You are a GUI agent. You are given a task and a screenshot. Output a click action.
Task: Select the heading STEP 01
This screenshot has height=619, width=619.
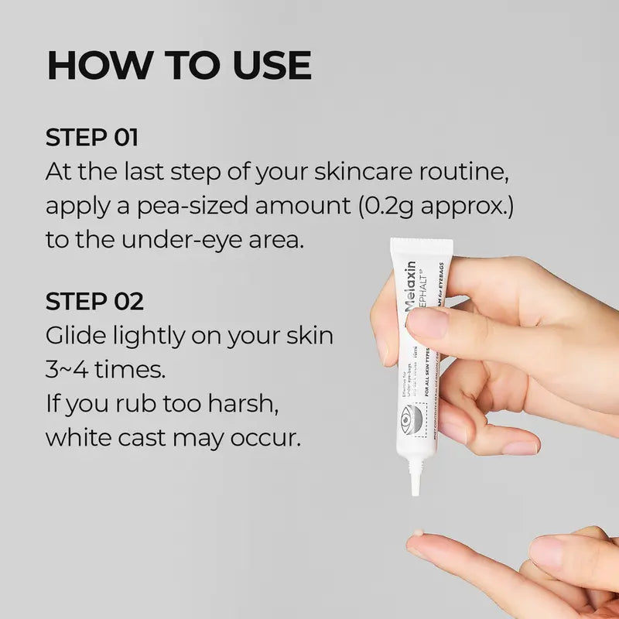(91, 138)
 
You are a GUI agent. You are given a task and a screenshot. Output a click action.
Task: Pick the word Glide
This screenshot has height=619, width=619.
(75, 336)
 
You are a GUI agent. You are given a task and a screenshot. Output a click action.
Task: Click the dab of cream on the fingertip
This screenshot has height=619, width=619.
(416, 534)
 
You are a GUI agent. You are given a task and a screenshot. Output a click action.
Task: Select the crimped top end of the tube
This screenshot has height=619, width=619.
(422, 247)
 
